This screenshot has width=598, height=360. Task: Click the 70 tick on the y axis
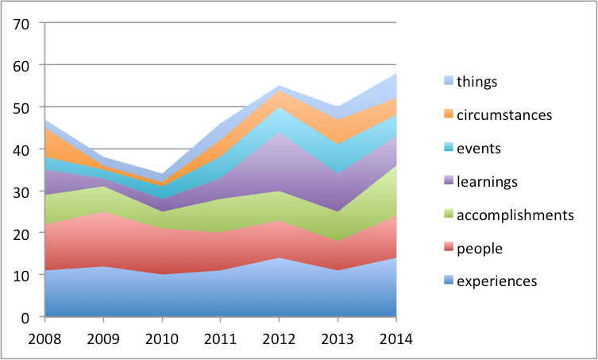click(21, 23)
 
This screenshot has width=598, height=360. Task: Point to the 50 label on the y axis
click(21, 107)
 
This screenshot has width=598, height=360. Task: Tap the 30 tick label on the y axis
click(21, 192)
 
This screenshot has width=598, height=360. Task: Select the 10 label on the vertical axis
click(21, 275)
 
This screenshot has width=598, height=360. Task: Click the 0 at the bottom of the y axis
click(25, 317)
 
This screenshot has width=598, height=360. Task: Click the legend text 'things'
click(477, 81)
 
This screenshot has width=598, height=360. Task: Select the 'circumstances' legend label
click(504, 114)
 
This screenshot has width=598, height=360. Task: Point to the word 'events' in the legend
click(479, 148)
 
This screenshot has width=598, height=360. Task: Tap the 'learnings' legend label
click(487, 181)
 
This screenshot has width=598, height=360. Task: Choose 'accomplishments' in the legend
click(515, 215)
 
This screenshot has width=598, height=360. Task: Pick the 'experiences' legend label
click(497, 281)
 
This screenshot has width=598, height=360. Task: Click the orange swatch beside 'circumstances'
click(448, 114)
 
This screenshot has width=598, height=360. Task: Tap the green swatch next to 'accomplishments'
click(448, 215)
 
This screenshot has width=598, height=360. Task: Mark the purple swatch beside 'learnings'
click(448, 181)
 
